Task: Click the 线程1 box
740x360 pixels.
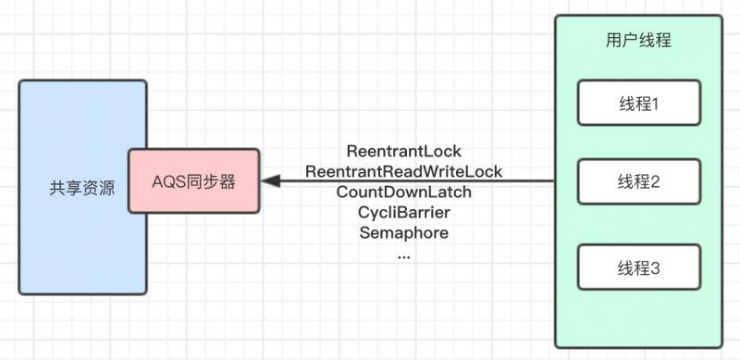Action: [x=637, y=103]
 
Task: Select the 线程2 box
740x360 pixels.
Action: [x=637, y=182]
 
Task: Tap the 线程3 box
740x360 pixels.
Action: [x=637, y=268]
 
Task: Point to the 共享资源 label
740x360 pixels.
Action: [x=82, y=188]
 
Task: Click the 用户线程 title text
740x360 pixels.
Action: [x=637, y=41]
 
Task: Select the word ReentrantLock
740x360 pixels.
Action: [x=403, y=151]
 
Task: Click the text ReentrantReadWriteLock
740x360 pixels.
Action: [x=403, y=171]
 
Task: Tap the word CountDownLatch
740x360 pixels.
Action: [x=403, y=192]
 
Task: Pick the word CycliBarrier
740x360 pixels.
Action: [x=403, y=213]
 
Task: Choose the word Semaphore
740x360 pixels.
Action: [x=403, y=233]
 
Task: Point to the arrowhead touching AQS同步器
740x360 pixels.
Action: [x=268, y=181]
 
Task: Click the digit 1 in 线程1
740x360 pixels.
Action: [x=654, y=103]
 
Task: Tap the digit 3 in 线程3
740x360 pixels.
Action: [x=655, y=268]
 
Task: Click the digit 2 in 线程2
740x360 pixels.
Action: [x=655, y=182]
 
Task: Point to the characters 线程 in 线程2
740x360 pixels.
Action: [x=630, y=182]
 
